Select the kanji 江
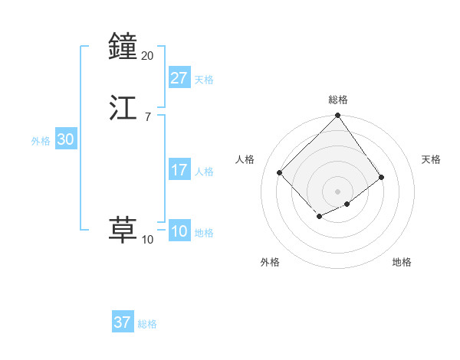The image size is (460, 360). point(123,108)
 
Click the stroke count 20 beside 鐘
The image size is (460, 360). point(147,55)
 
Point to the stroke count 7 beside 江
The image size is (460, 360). point(147,116)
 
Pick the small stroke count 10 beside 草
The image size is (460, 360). point(147,240)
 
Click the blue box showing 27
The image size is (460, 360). point(179,78)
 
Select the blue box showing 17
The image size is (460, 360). point(179,170)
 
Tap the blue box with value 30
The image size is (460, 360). point(65,139)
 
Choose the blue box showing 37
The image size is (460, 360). point(123,322)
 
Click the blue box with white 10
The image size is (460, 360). point(179,231)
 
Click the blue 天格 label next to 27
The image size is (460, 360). point(204,80)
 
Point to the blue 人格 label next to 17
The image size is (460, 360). point(204,172)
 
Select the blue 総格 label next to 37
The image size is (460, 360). point(147,324)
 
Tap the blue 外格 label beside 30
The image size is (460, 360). point(41,141)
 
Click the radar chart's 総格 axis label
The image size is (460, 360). point(337,100)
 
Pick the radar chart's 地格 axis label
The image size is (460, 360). point(402,262)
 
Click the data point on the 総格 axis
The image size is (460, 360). point(337,116)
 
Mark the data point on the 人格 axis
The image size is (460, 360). point(280,172)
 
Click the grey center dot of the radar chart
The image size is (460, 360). point(337,191)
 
